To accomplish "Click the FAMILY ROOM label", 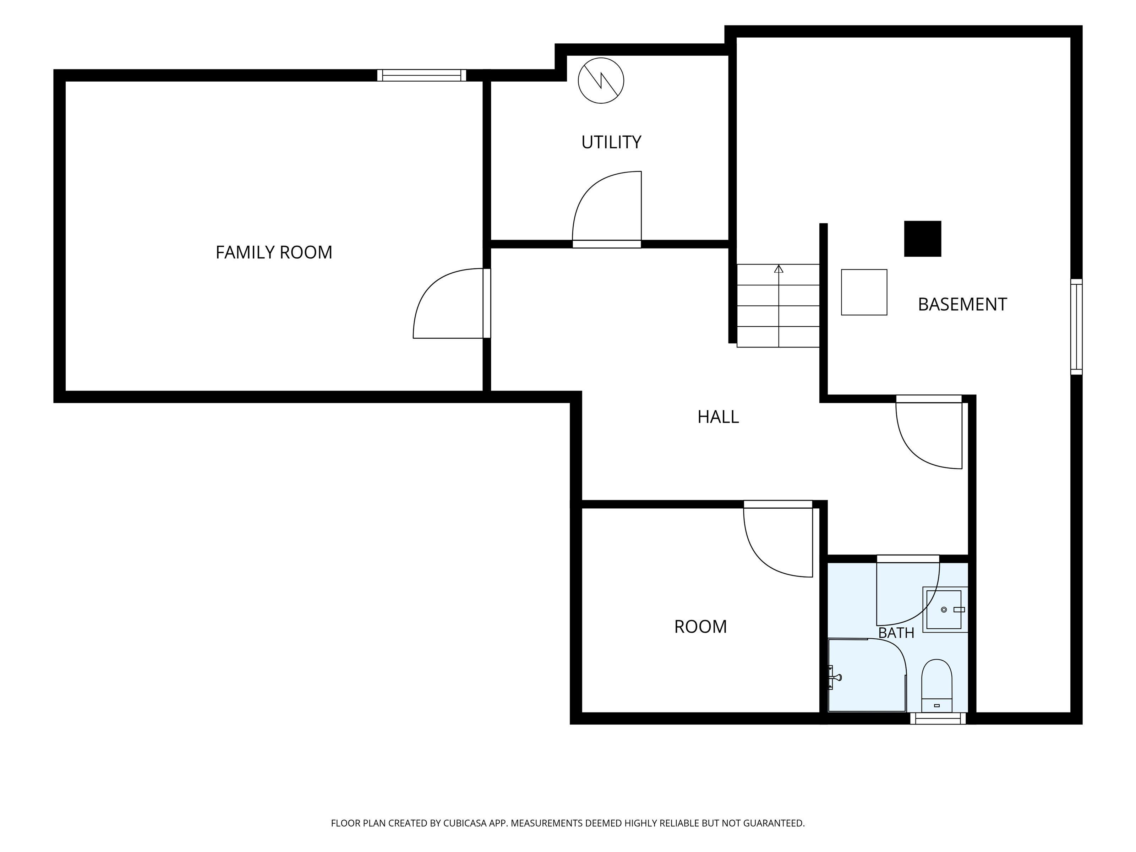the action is (x=274, y=252).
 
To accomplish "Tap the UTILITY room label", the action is (x=611, y=142).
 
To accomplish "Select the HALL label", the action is (x=718, y=416).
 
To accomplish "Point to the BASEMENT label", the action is (x=962, y=304).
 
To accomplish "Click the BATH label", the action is (x=896, y=633).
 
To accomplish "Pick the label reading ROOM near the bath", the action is (x=700, y=627).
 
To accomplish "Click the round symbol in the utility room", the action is (x=601, y=81).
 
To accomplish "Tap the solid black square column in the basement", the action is (x=922, y=239).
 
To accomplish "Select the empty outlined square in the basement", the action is (x=864, y=292).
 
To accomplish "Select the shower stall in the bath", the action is (x=867, y=675).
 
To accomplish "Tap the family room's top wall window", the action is (x=422, y=76).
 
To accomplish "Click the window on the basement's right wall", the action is (x=1076, y=327).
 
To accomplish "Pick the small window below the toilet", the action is (x=938, y=719).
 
